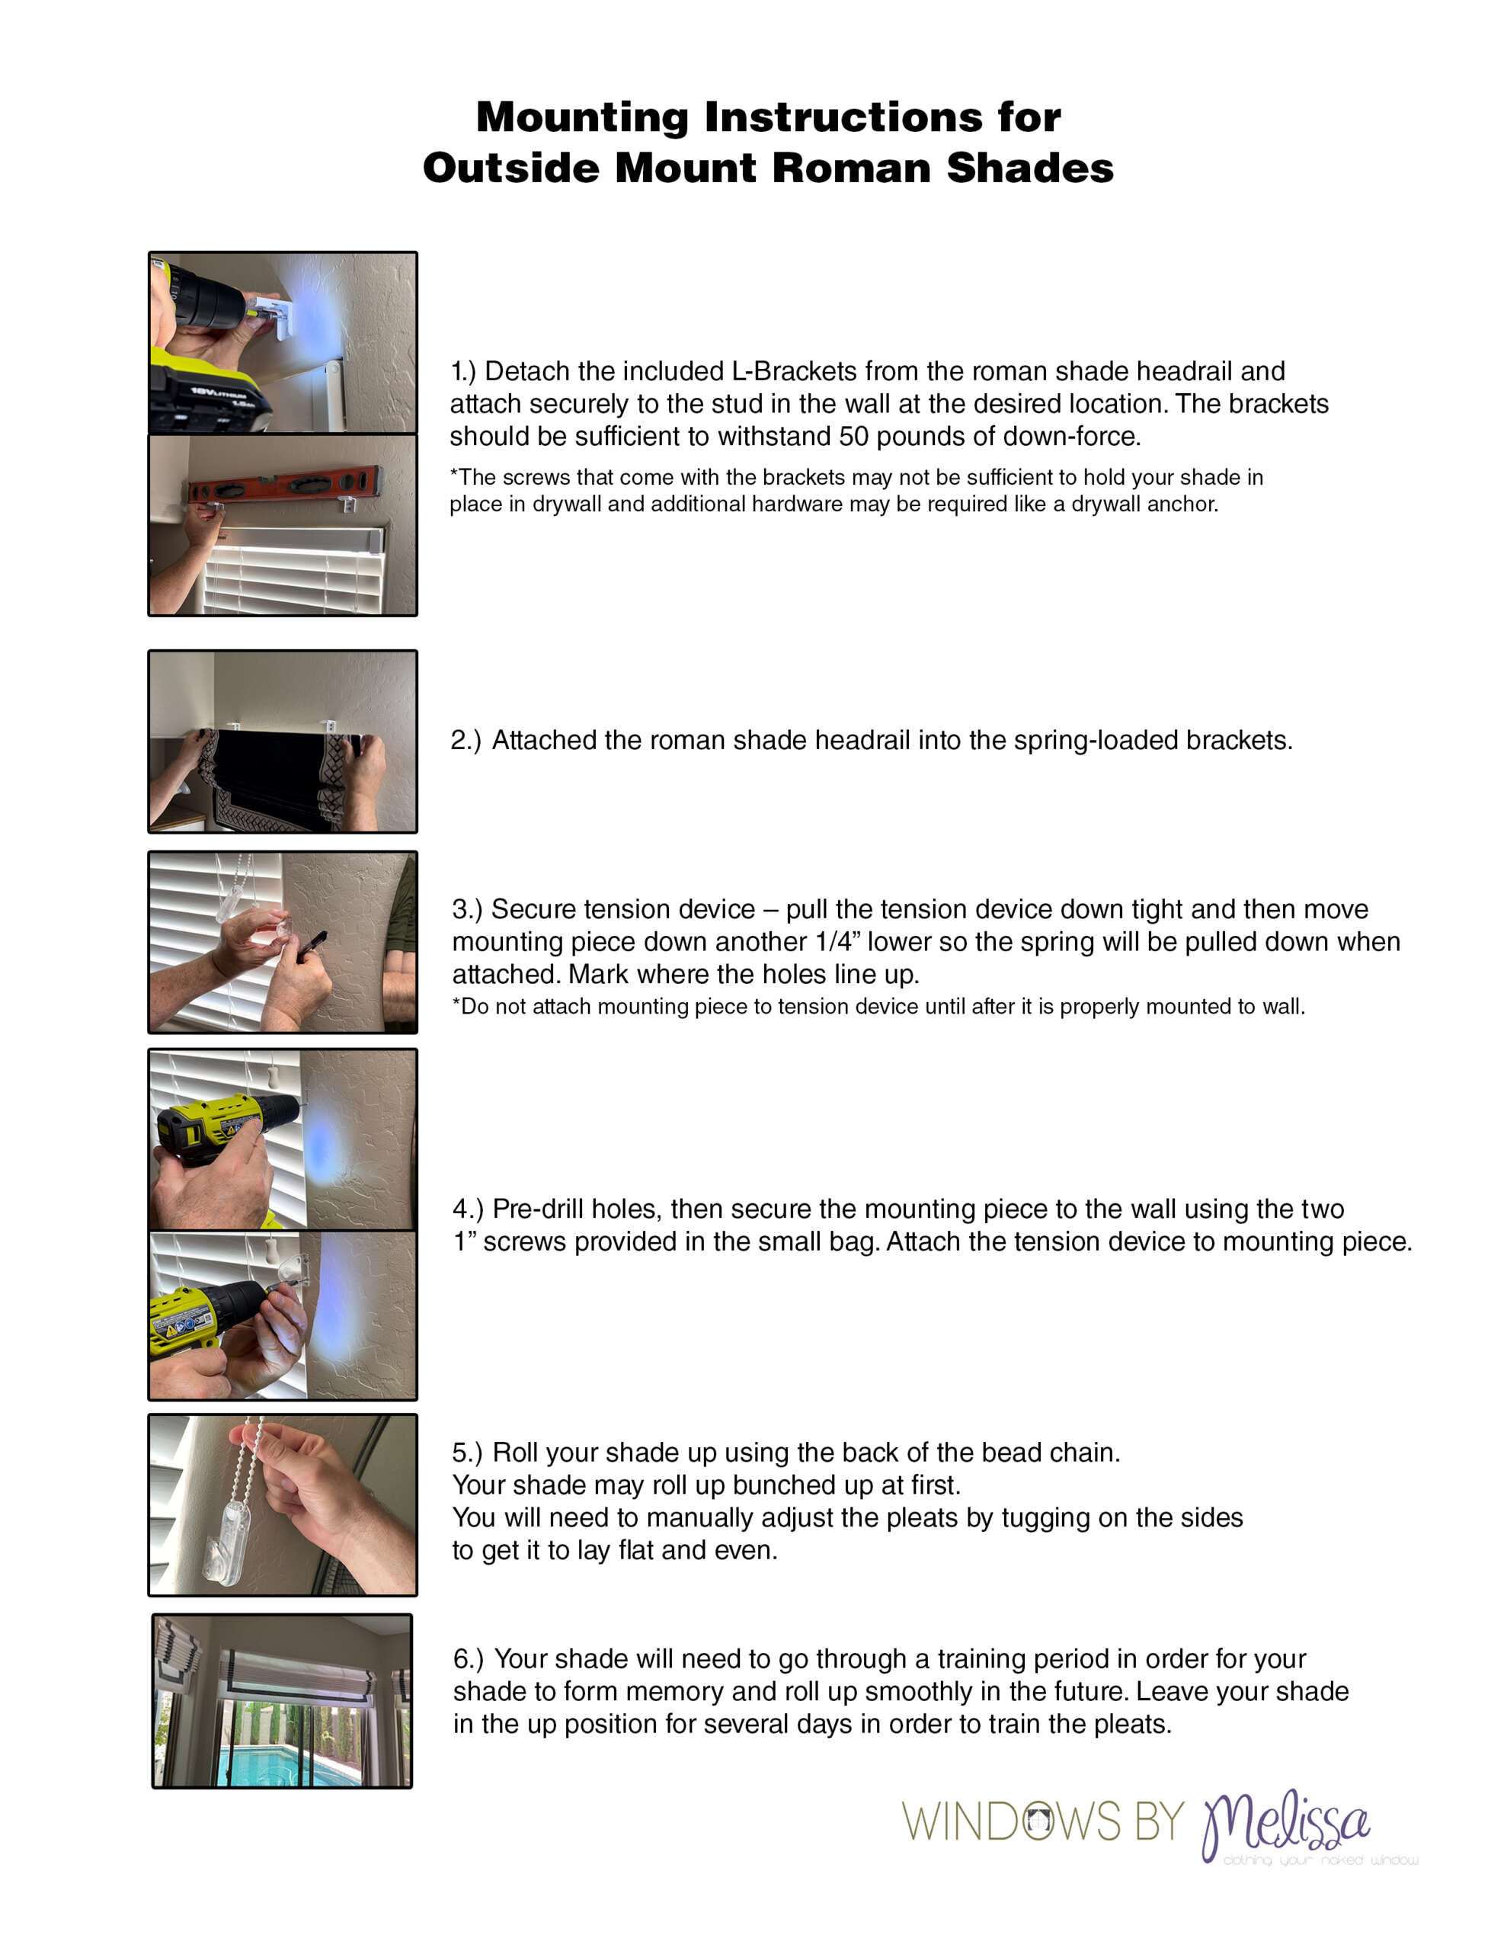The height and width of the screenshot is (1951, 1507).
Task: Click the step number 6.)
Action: pyautogui.click(x=469, y=1659)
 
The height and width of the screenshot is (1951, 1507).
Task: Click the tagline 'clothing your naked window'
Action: pyautogui.click(x=1320, y=1860)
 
